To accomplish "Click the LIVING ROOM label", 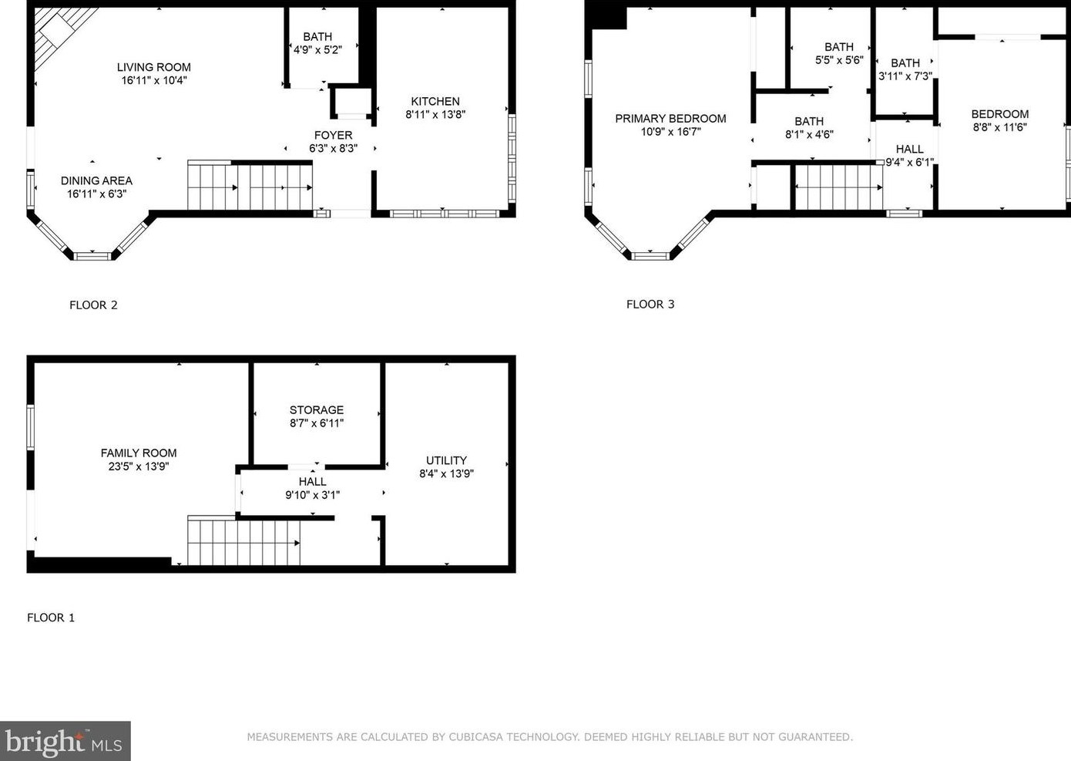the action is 154,67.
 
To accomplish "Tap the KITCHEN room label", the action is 435,102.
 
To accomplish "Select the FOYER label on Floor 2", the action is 334,136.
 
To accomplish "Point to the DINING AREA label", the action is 96,180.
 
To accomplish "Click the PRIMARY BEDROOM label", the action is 670,119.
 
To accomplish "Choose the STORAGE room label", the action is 317,410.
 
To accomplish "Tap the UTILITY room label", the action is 446,460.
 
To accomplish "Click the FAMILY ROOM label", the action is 139,453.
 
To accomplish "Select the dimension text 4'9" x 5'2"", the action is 317,50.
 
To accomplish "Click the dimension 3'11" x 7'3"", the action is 905,76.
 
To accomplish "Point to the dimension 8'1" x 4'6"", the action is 809,135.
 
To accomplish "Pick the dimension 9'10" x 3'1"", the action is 313,495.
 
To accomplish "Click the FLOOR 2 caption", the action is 93,305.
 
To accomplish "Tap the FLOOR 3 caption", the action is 650,305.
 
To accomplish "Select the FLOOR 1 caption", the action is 51,618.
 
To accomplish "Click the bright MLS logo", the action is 65,741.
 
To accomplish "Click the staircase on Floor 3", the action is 838,187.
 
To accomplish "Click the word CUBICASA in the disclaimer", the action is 475,737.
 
